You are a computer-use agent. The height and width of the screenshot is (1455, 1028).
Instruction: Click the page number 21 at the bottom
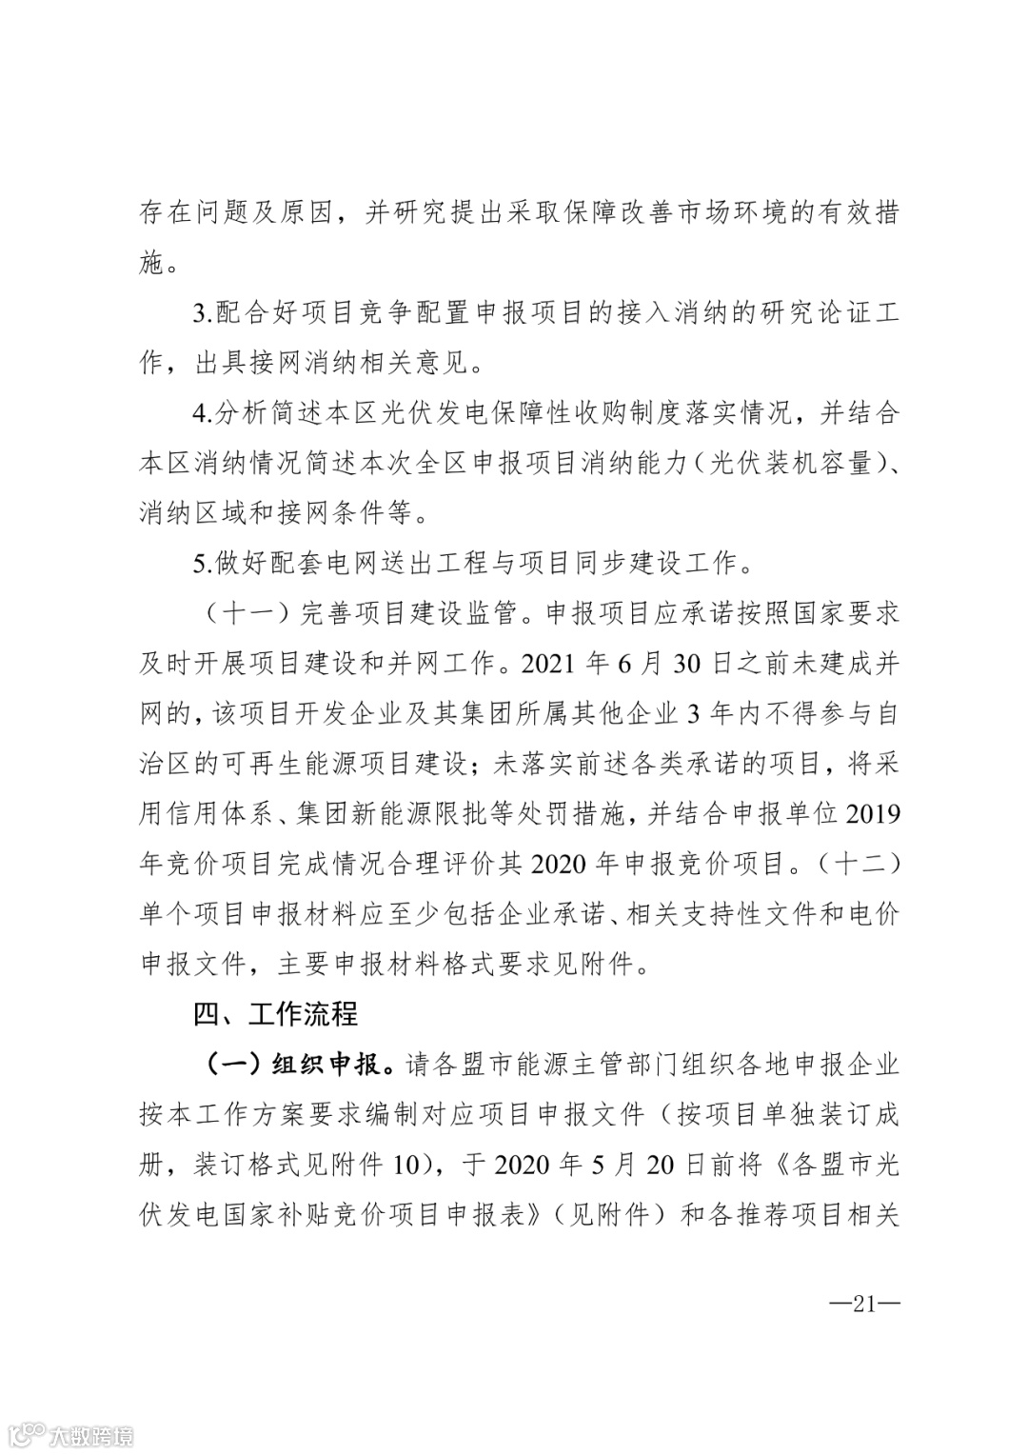pos(863,1304)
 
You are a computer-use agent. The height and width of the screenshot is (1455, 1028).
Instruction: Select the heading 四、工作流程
pos(275,1014)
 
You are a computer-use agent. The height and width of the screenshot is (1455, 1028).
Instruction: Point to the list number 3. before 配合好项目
pos(204,312)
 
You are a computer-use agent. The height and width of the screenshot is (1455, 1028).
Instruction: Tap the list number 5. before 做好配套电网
pos(204,563)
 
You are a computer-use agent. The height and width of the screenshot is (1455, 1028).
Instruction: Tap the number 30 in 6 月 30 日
pos(686,664)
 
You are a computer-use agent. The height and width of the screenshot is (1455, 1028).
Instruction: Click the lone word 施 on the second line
pos(152,263)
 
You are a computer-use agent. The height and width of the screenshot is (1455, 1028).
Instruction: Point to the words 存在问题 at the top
pos(194,212)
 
